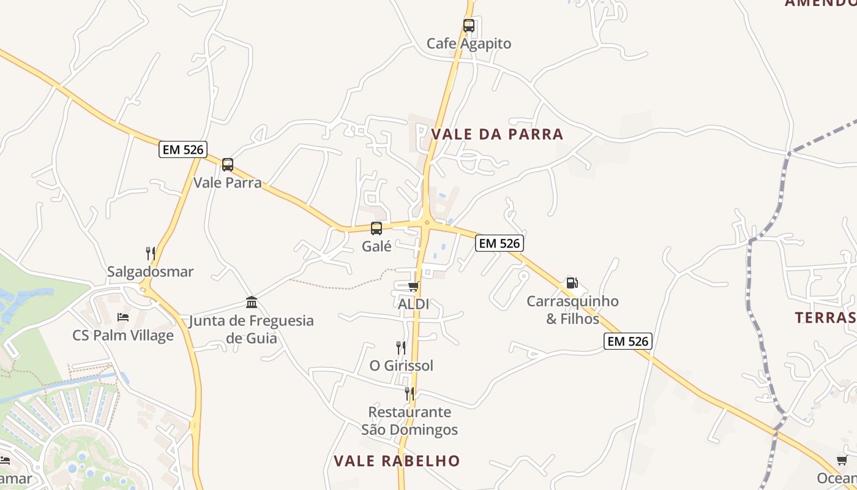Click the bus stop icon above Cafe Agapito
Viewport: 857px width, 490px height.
(469, 26)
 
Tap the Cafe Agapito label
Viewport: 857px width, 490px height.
(469, 44)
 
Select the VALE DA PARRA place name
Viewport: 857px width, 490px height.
(497, 134)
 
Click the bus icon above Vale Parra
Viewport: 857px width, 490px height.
(228, 165)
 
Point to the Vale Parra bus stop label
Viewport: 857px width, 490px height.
(228, 183)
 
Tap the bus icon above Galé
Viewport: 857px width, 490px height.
(376, 228)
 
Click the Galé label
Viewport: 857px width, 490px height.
(376, 246)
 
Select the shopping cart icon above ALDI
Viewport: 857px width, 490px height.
(414, 286)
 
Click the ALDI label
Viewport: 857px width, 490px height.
(414, 304)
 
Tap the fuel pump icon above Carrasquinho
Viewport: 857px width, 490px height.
(572, 283)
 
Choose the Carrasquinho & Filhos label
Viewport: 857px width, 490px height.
(572, 310)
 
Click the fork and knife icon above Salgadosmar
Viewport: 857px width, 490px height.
(151, 254)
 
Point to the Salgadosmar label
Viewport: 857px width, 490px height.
(151, 272)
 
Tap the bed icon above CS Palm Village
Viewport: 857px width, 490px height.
(123, 317)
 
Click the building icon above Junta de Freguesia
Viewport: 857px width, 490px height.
(252, 302)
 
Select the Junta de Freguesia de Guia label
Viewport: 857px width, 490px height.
(252, 330)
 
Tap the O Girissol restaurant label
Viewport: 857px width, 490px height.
(402, 366)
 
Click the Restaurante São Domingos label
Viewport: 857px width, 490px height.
(410, 421)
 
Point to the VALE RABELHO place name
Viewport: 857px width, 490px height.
(397, 461)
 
